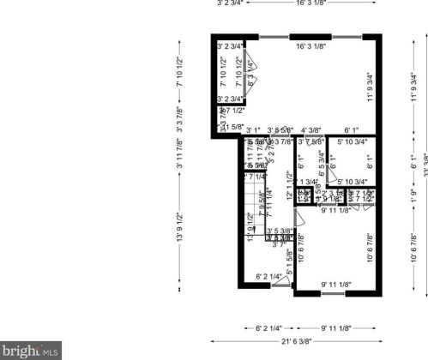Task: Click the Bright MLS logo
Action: tap(32, 349)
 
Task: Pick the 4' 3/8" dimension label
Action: tap(310, 130)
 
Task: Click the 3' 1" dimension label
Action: tap(253, 130)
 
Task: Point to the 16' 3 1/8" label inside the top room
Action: tap(310, 46)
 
